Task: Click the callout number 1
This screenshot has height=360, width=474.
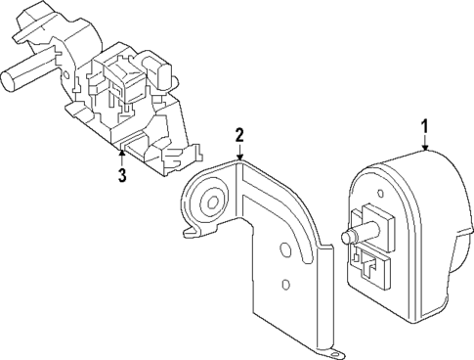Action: coord(425,125)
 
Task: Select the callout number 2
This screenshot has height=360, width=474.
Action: coord(239,133)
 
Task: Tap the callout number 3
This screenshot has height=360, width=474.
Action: coord(121,176)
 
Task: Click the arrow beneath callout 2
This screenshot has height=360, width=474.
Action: coord(239,153)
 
